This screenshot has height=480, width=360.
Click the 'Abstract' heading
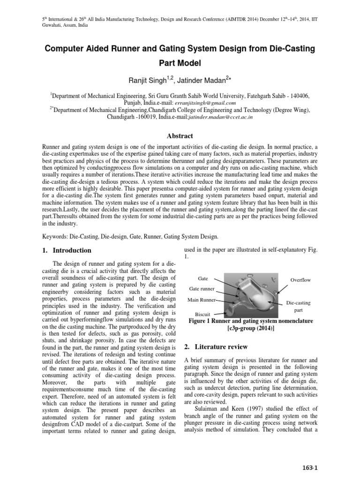180,136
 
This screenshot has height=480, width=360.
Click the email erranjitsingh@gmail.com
204,103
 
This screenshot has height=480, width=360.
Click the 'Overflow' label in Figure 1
300,280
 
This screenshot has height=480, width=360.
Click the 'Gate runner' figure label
202,288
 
